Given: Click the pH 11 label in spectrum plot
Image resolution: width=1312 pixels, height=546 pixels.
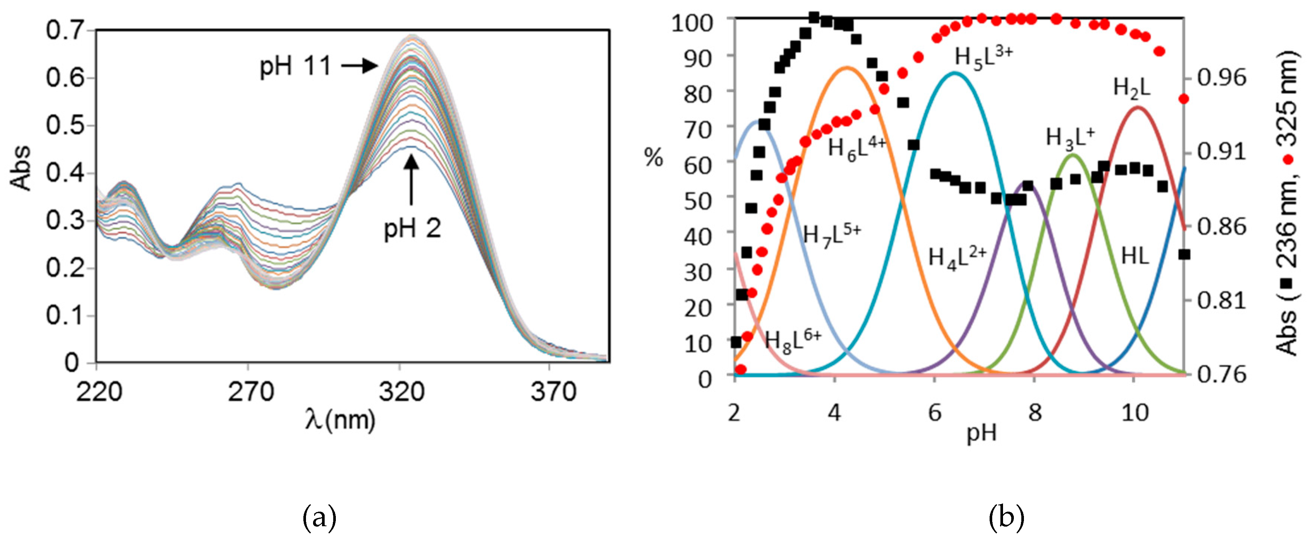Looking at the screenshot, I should coord(296,66).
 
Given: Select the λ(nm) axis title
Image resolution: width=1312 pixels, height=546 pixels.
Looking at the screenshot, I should coord(340,420).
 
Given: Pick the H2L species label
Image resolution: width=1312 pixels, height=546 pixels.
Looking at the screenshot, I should coord(1132,88).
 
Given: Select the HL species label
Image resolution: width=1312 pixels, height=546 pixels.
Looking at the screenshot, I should coord(1135,256).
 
